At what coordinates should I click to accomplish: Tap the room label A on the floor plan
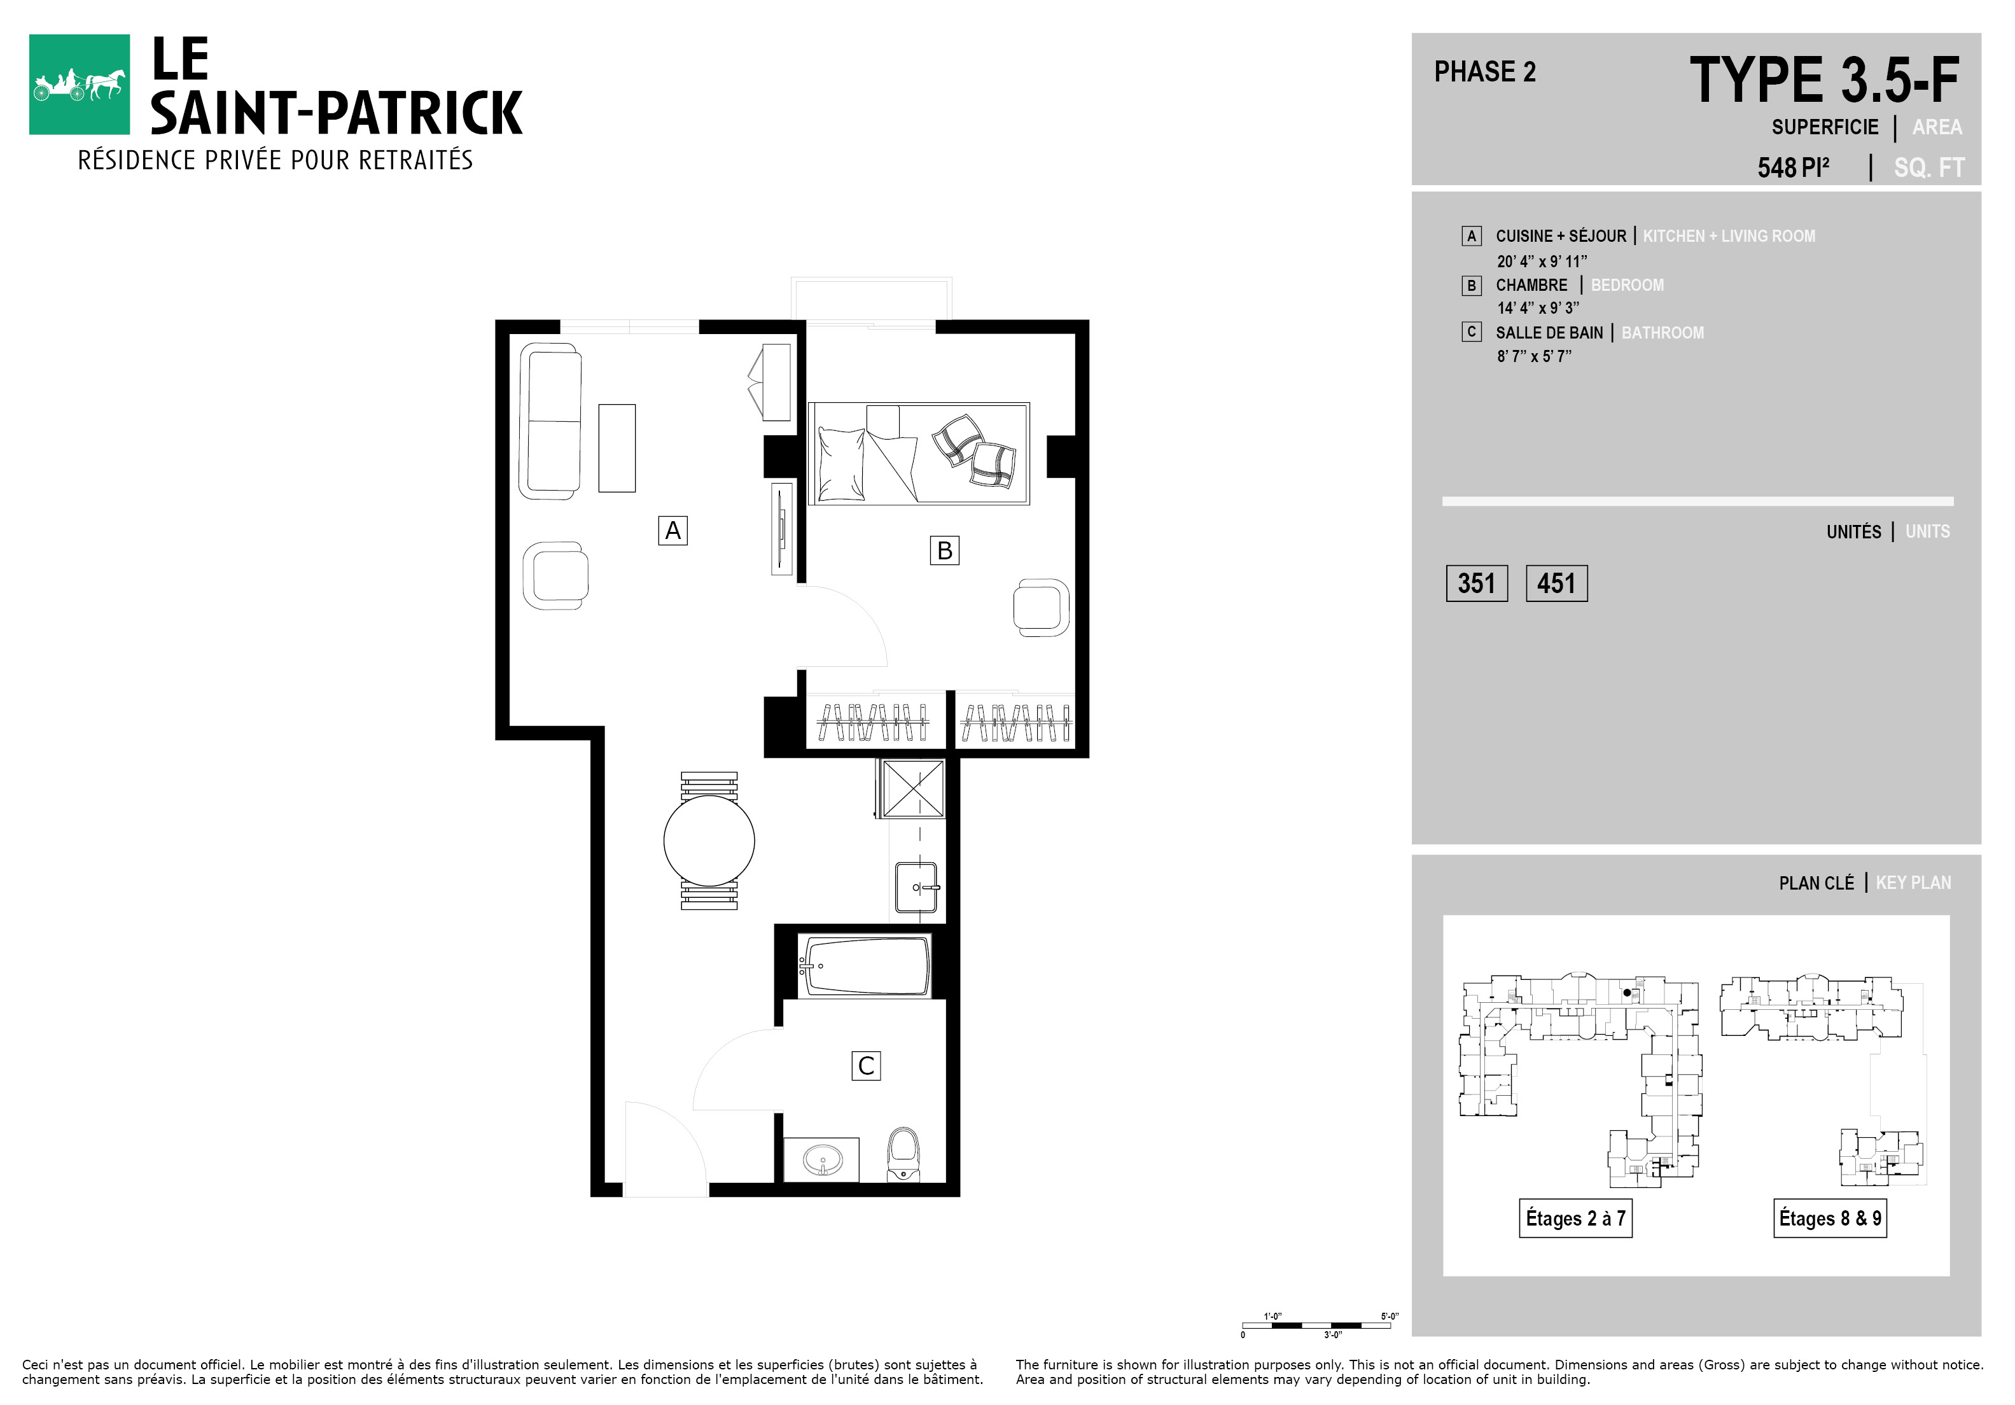click(673, 530)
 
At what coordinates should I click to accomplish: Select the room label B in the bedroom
click(944, 550)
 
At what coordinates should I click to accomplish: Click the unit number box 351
click(1477, 584)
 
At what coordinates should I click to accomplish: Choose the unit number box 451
click(1557, 584)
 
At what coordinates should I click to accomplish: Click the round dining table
click(709, 840)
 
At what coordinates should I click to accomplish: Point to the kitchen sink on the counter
click(917, 887)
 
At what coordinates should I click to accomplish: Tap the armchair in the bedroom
click(1042, 607)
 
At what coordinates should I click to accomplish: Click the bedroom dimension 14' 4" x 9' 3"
click(1538, 308)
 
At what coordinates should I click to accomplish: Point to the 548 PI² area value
click(1793, 167)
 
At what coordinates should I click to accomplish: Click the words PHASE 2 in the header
click(1485, 71)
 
